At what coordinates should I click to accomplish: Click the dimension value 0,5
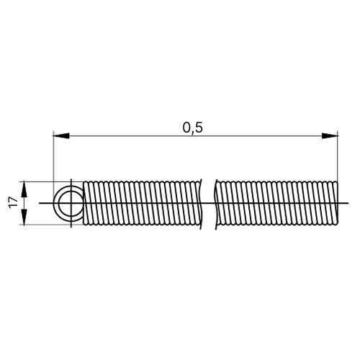(193, 127)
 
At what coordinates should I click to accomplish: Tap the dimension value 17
(14, 202)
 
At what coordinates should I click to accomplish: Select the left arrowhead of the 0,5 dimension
(61, 135)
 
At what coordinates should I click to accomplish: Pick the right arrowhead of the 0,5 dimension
(330, 135)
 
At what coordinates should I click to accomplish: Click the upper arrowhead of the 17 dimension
(24, 189)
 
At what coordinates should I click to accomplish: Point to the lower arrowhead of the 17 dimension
(24, 217)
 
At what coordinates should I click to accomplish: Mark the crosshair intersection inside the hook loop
(71, 203)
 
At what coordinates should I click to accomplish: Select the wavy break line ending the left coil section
(200, 204)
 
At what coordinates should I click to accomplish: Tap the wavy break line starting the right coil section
(216, 204)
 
